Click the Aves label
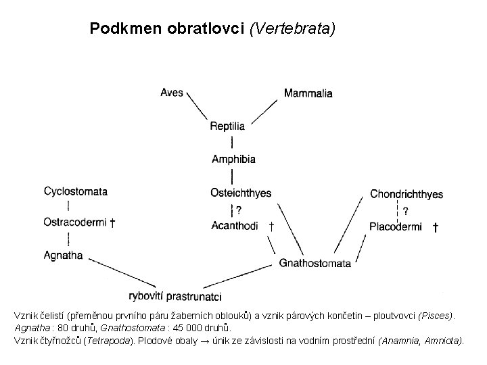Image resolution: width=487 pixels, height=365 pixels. (172, 92)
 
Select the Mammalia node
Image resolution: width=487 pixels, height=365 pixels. (308, 93)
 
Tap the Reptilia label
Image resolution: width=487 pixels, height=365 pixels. (227, 126)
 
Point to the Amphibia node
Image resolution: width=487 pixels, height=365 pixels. (233, 159)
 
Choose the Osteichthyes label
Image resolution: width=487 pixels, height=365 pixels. (241, 193)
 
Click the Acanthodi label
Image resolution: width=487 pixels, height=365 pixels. (234, 225)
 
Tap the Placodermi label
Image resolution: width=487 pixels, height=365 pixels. (396, 226)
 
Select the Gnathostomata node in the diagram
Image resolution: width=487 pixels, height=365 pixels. (315, 263)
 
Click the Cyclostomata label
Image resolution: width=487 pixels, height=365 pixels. (76, 191)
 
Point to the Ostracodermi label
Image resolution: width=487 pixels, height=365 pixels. (74, 222)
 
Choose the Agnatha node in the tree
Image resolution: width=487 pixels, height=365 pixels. (63, 255)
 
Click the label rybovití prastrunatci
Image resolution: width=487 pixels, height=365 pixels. (175, 296)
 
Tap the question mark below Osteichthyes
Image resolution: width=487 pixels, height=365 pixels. (239, 210)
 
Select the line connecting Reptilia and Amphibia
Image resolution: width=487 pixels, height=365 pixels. (233, 142)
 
